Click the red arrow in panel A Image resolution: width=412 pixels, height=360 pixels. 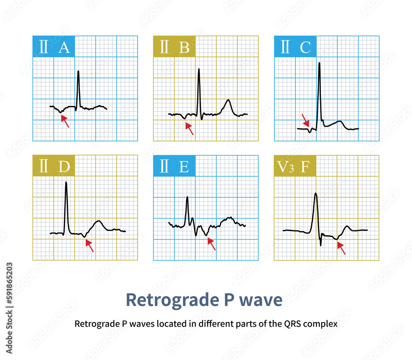[65, 121]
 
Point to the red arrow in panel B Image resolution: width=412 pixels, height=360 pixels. [189, 129]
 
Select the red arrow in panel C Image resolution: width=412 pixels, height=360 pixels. [306, 120]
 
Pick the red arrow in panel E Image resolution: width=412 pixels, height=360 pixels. [211, 244]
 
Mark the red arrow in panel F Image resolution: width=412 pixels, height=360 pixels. [341, 248]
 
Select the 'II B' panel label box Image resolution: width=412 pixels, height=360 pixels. [174, 47]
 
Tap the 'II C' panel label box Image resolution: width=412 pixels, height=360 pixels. [295, 47]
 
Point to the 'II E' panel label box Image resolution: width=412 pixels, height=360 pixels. [174, 166]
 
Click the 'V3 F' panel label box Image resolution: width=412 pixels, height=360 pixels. [295, 166]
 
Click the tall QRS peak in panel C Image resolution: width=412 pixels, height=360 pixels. [319, 64]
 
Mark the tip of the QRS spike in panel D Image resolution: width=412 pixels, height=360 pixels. [66, 183]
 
